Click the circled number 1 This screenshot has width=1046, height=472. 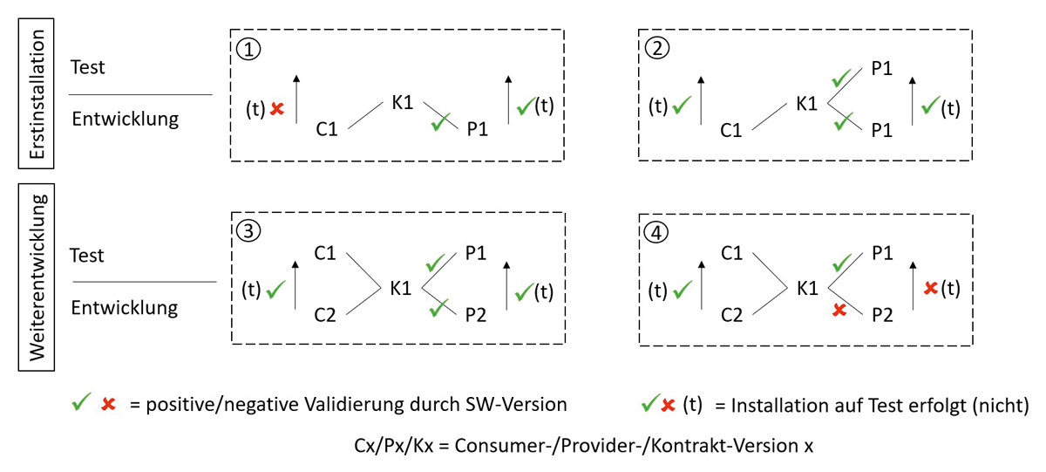pyautogui.click(x=248, y=49)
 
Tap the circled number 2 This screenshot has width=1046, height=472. pyautogui.click(x=656, y=49)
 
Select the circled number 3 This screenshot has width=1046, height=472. pyautogui.click(x=248, y=233)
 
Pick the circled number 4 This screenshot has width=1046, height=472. pyautogui.click(x=656, y=233)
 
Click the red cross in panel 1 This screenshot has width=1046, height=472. pyautogui.click(x=277, y=108)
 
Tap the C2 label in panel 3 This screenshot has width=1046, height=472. pyautogui.click(x=326, y=315)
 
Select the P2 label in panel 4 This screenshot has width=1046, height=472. pyautogui.click(x=883, y=316)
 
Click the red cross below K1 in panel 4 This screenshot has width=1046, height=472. pyautogui.click(x=839, y=310)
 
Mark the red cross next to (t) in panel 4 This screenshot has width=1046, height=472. pyautogui.click(x=930, y=287)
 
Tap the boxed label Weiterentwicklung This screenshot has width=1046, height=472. pyautogui.click(x=37, y=277)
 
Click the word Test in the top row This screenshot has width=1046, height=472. pyautogui.click(x=88, y=67)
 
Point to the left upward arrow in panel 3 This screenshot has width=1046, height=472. pyautogui.click(x=297, y=284)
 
